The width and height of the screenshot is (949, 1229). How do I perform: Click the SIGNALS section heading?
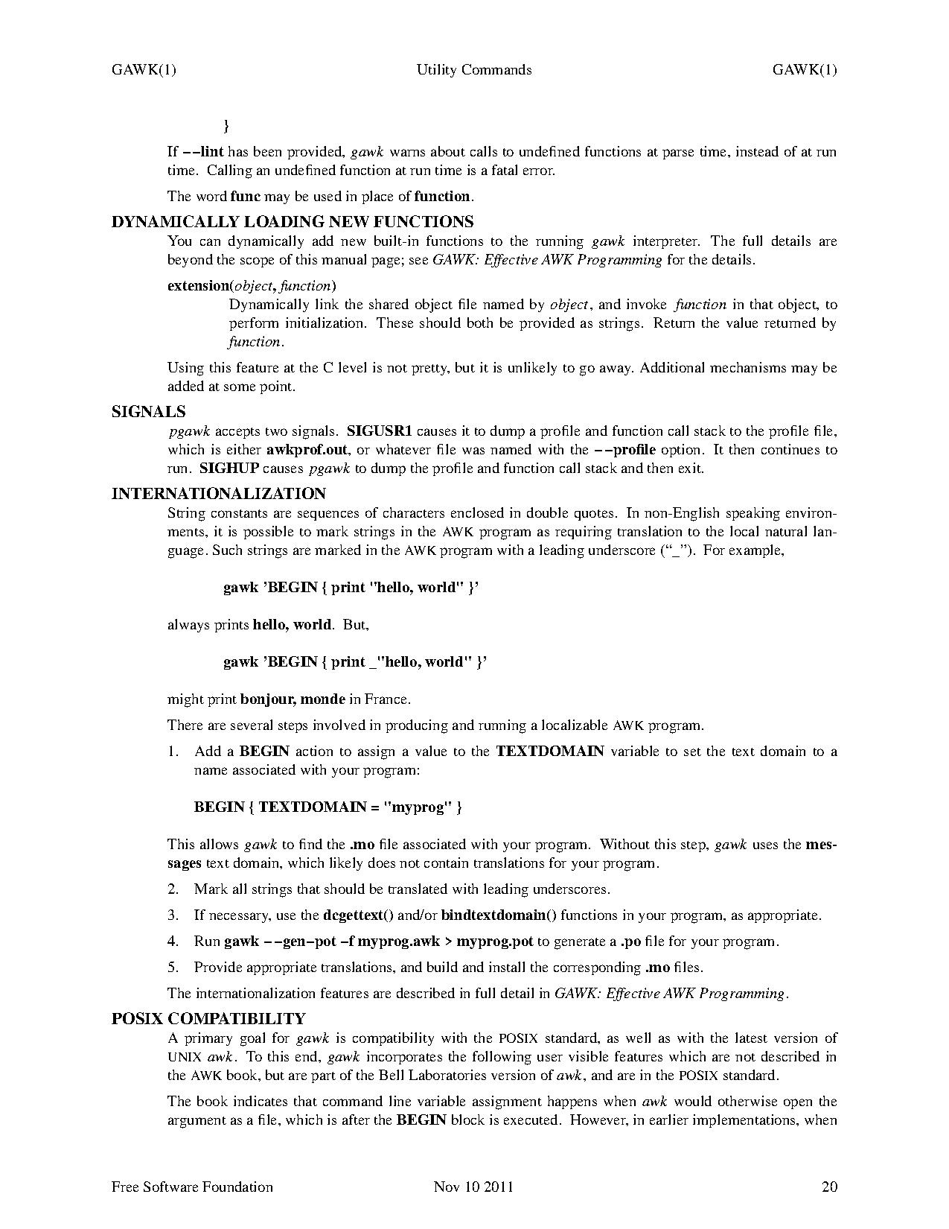pyautogui.click(x=148, y=412)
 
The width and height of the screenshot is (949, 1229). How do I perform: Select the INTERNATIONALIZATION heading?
pyautogui.click(x=218, y=494)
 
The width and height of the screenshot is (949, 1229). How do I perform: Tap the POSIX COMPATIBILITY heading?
pyautogui.click(x=208, y=1019)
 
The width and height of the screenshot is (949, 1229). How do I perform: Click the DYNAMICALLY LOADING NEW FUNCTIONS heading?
pyautogui.click(x=292, y=222)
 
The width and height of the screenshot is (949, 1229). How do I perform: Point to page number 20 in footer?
pyautogui.click(x=829, y=1187)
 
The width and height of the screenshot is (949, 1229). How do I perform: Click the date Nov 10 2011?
pyautogui.click(x=473, y=1187)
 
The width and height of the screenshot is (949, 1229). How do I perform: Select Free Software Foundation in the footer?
pyautogui.click(x=192, y=1187)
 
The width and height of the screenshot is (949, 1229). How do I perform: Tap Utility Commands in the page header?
pyautogui.click(x=474, y=70)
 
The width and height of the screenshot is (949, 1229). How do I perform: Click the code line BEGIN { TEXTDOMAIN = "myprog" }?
pyautogui.click(x=328, y=807)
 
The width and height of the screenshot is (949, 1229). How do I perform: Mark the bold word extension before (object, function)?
pyautogui.click(x=198, y=286)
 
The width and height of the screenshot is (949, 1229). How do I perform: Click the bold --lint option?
pyautogui.click(x=203, y=152)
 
